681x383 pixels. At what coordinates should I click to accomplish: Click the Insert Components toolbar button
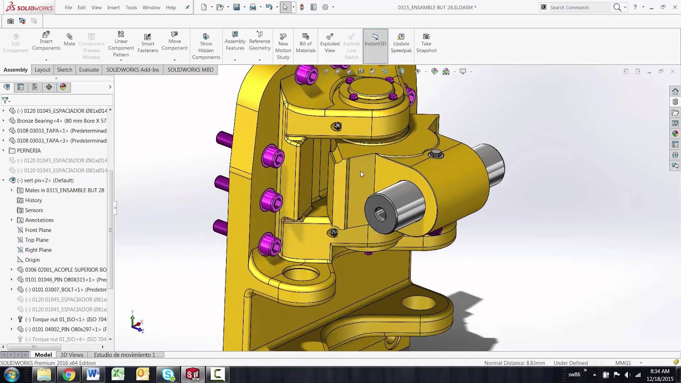[46, 41]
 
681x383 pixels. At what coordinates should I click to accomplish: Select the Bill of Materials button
[305, 43]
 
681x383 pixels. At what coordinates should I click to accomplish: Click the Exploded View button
[330, 43]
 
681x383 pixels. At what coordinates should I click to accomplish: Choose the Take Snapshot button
[426, 43]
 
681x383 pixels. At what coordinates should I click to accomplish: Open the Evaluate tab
[89, 70]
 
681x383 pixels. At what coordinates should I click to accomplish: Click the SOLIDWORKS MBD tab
[190, 70]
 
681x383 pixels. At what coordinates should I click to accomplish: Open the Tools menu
[131, 7]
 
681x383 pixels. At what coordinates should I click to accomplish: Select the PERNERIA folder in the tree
[28, 151]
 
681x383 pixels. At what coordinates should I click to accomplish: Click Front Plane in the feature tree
[38, 230]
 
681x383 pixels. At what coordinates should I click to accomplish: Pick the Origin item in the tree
[32, 260]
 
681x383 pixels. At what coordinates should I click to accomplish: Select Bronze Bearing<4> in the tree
[61, 121]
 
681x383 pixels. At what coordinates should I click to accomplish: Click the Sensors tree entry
[34, 210]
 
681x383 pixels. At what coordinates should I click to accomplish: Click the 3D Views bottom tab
[71, 355]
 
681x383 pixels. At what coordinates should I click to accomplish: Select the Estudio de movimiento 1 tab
[124, 355]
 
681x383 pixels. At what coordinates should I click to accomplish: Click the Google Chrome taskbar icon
[69, 375]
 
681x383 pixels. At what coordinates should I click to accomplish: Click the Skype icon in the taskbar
[168, 375]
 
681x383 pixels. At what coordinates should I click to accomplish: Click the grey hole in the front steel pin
[380, 214]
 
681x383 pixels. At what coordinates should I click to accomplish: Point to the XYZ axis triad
[137, 323]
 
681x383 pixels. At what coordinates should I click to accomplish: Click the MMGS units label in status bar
[623, 363]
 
